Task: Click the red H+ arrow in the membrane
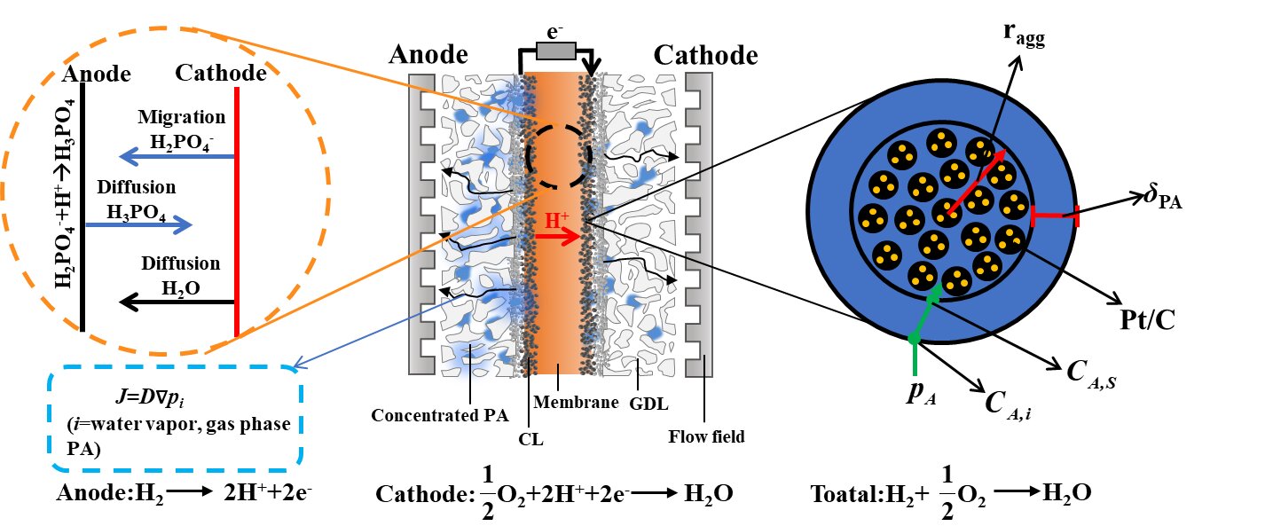pos(554,237)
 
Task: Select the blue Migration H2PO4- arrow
pos(177,158)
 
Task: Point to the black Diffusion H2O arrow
pos(177,302)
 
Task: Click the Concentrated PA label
pos(434,414)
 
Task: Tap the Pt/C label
pos(1142,318)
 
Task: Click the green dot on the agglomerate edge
pos(913,338)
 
